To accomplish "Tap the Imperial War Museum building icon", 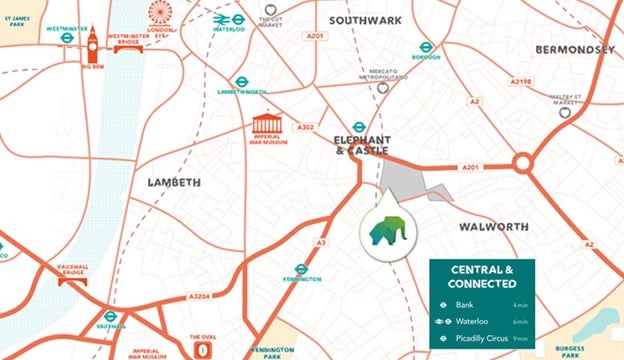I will [x=267, y=124].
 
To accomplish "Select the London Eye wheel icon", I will [x=160, y=13].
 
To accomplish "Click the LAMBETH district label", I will [x=173, y=182].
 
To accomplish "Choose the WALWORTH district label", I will [x=493, y=227].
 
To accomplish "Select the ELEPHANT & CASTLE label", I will [x=361, y=144].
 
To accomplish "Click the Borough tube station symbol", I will [x=425, y=46].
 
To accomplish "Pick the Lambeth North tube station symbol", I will [x=241, y=82].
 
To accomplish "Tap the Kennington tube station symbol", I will [x=301, y=269].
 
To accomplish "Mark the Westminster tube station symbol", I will [x=66, y=38].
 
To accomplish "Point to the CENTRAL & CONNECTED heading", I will [x=481, y=276].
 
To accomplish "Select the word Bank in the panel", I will [x=463, y=305].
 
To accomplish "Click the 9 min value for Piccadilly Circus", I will [x=518, y=337].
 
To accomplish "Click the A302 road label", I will [x=306, y=127].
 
